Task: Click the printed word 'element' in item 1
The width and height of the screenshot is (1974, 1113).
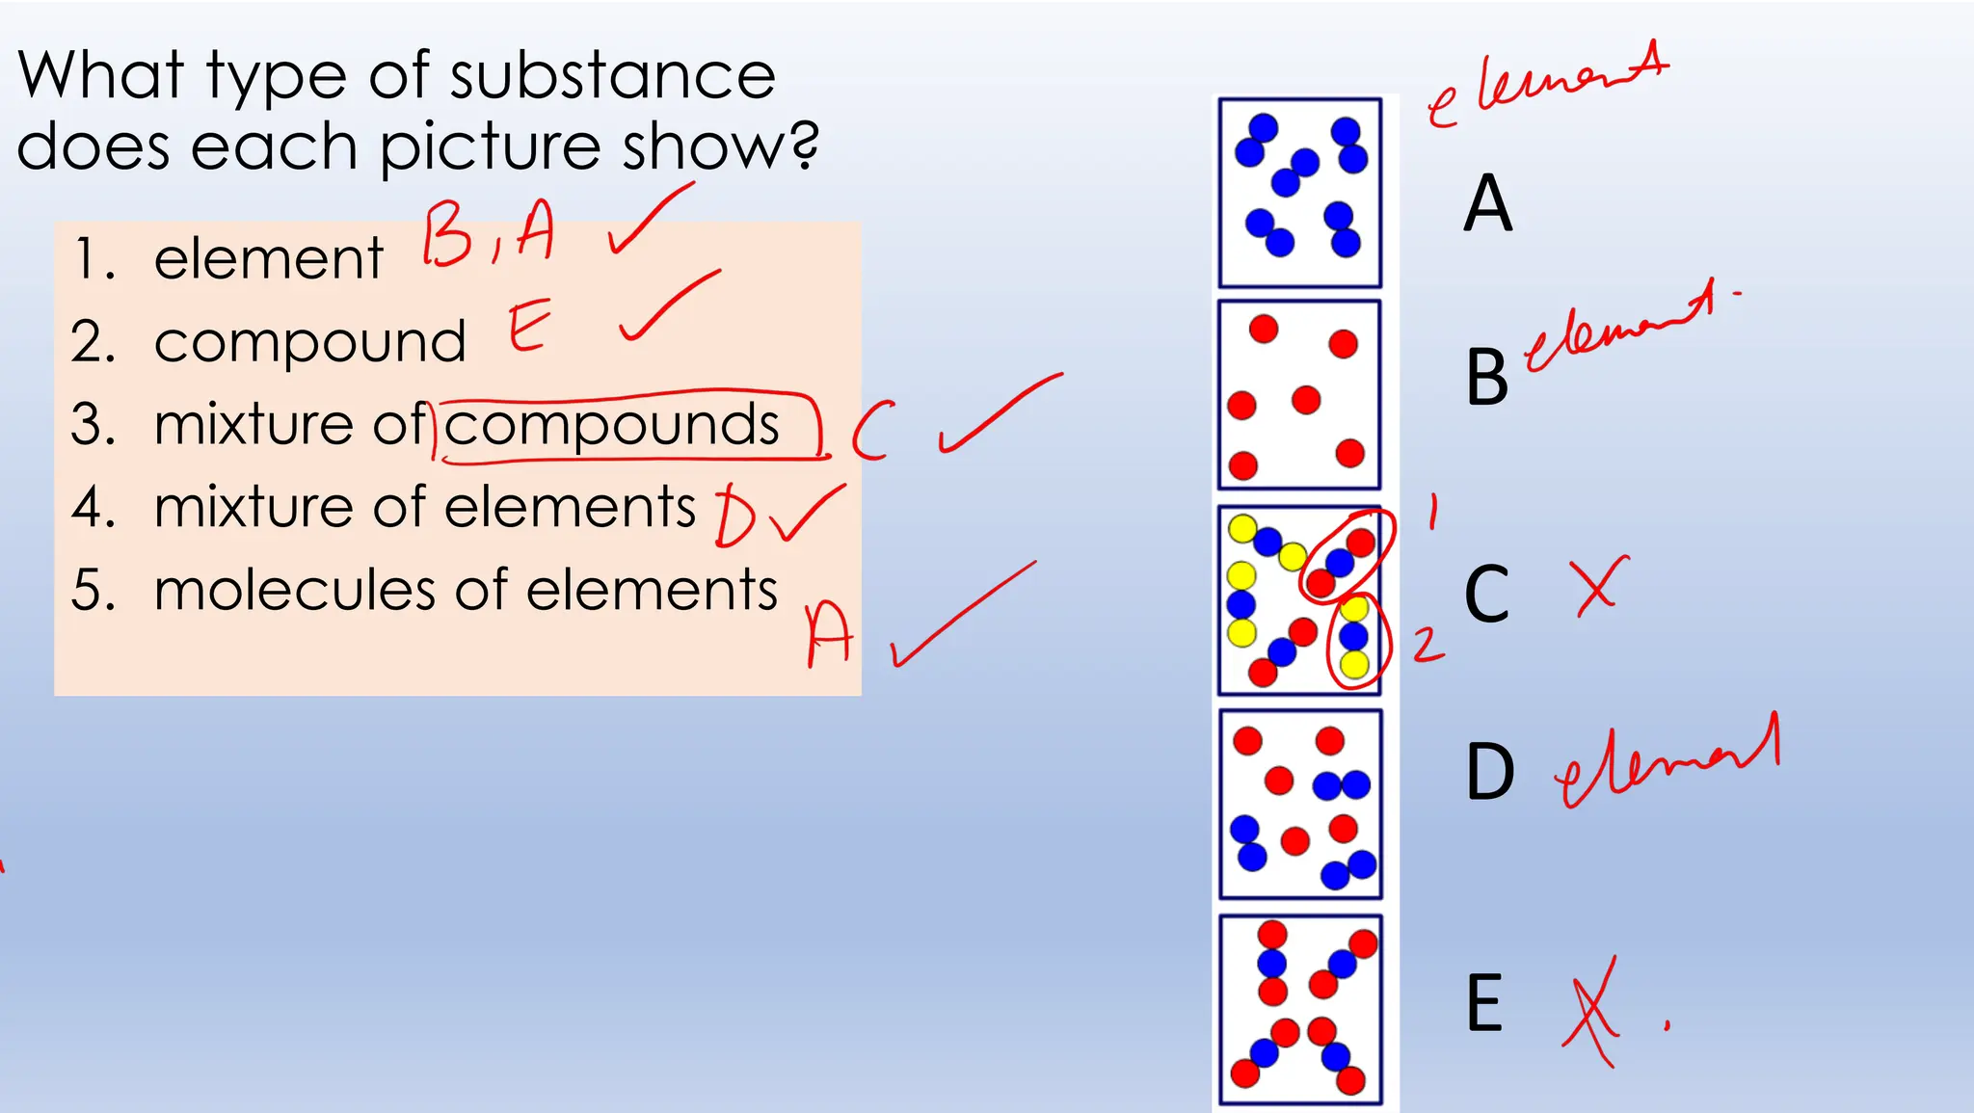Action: point(268,259)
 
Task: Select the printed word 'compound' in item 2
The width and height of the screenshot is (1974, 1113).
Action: point(309,342)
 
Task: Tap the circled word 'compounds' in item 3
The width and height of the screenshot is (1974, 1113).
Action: point(611,425)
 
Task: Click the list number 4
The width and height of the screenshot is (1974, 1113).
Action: point(93,508)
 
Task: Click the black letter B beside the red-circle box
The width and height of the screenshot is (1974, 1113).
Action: point(1485,378)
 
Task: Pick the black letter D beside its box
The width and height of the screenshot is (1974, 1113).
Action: point(1489,772)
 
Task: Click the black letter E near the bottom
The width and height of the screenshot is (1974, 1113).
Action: point(1484,1003)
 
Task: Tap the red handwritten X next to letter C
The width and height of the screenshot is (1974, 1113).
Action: point(1597,585)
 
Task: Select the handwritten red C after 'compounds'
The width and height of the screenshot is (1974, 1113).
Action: point(871,430)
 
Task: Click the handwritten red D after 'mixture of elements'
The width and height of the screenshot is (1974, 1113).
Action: point(734,517)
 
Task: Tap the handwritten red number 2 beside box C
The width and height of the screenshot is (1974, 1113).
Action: point(1428,645)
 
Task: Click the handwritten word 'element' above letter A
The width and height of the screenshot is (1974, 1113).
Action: point(1547,85)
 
